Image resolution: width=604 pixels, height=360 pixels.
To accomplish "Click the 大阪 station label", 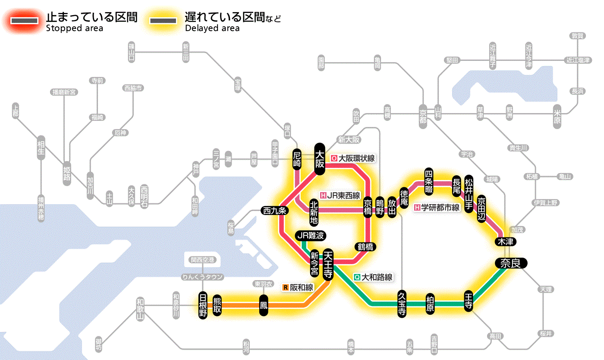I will [x=319, y=159].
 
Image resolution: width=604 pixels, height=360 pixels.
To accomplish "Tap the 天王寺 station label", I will [x=327, y=265].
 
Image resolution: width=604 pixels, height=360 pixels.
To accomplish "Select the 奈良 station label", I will [x=510, y=263].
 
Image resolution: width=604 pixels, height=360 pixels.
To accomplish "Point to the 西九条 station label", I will [x=275, y=211].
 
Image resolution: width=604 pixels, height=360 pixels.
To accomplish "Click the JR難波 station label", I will [x=310, y=236].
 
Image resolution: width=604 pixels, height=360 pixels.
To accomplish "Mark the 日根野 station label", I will [x=203, y=305].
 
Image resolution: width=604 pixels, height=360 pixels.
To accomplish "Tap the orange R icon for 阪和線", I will [x=285, y=287].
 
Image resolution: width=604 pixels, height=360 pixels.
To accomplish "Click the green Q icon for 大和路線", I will [x=357, y=277].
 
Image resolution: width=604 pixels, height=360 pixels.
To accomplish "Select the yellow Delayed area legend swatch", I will [x=163, y=21].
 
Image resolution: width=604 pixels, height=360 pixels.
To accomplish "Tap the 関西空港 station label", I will [x=202, y=260].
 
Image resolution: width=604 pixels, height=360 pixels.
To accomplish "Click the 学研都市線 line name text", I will [x=440, y=207].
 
